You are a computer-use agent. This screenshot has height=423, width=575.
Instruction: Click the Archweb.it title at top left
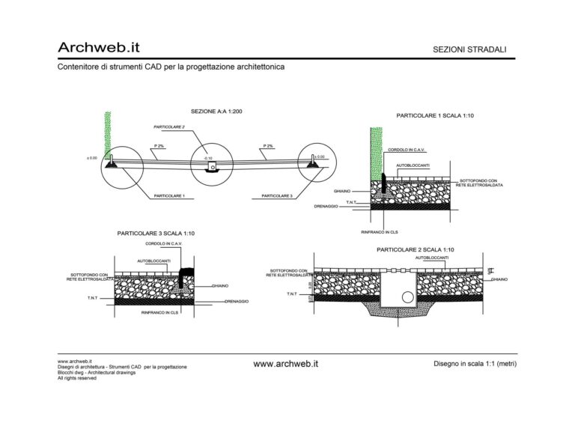coord(98,47)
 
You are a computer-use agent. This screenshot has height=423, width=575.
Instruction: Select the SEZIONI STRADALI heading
coord(469,49)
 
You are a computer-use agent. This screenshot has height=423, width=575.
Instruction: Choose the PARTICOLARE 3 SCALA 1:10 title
coord(156,234)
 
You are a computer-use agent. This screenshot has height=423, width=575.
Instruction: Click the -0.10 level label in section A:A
coord(209,159)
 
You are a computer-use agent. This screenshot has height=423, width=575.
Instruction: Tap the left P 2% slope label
coord(159,145)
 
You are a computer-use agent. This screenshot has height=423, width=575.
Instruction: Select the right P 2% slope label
coord(268,145)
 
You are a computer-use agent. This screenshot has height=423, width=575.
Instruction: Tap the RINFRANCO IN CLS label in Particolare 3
coord(159,312)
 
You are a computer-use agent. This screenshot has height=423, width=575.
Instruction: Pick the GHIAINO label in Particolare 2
coord(499,279)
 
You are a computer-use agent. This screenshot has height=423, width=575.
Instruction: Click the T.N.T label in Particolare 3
coord(94,298)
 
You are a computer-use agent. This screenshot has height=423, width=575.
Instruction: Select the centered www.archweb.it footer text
coord(286,364)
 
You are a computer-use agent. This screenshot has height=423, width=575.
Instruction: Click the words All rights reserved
coord(77,379)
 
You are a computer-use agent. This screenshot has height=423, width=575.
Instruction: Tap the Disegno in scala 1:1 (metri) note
coord(475,364)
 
